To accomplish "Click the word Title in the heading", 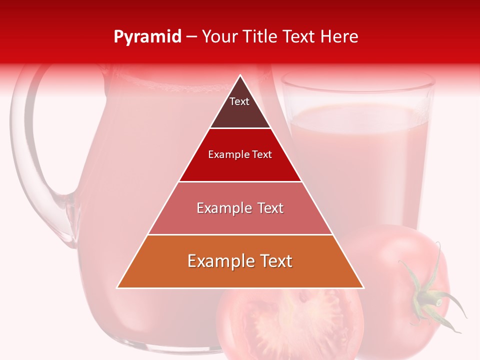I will point(260,37).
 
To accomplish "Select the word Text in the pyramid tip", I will point(239,101).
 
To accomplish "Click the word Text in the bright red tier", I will point(262,154).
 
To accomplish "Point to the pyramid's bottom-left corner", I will point(117,288).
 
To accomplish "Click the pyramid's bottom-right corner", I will point(363,288).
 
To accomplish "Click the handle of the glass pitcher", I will point(30,150).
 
